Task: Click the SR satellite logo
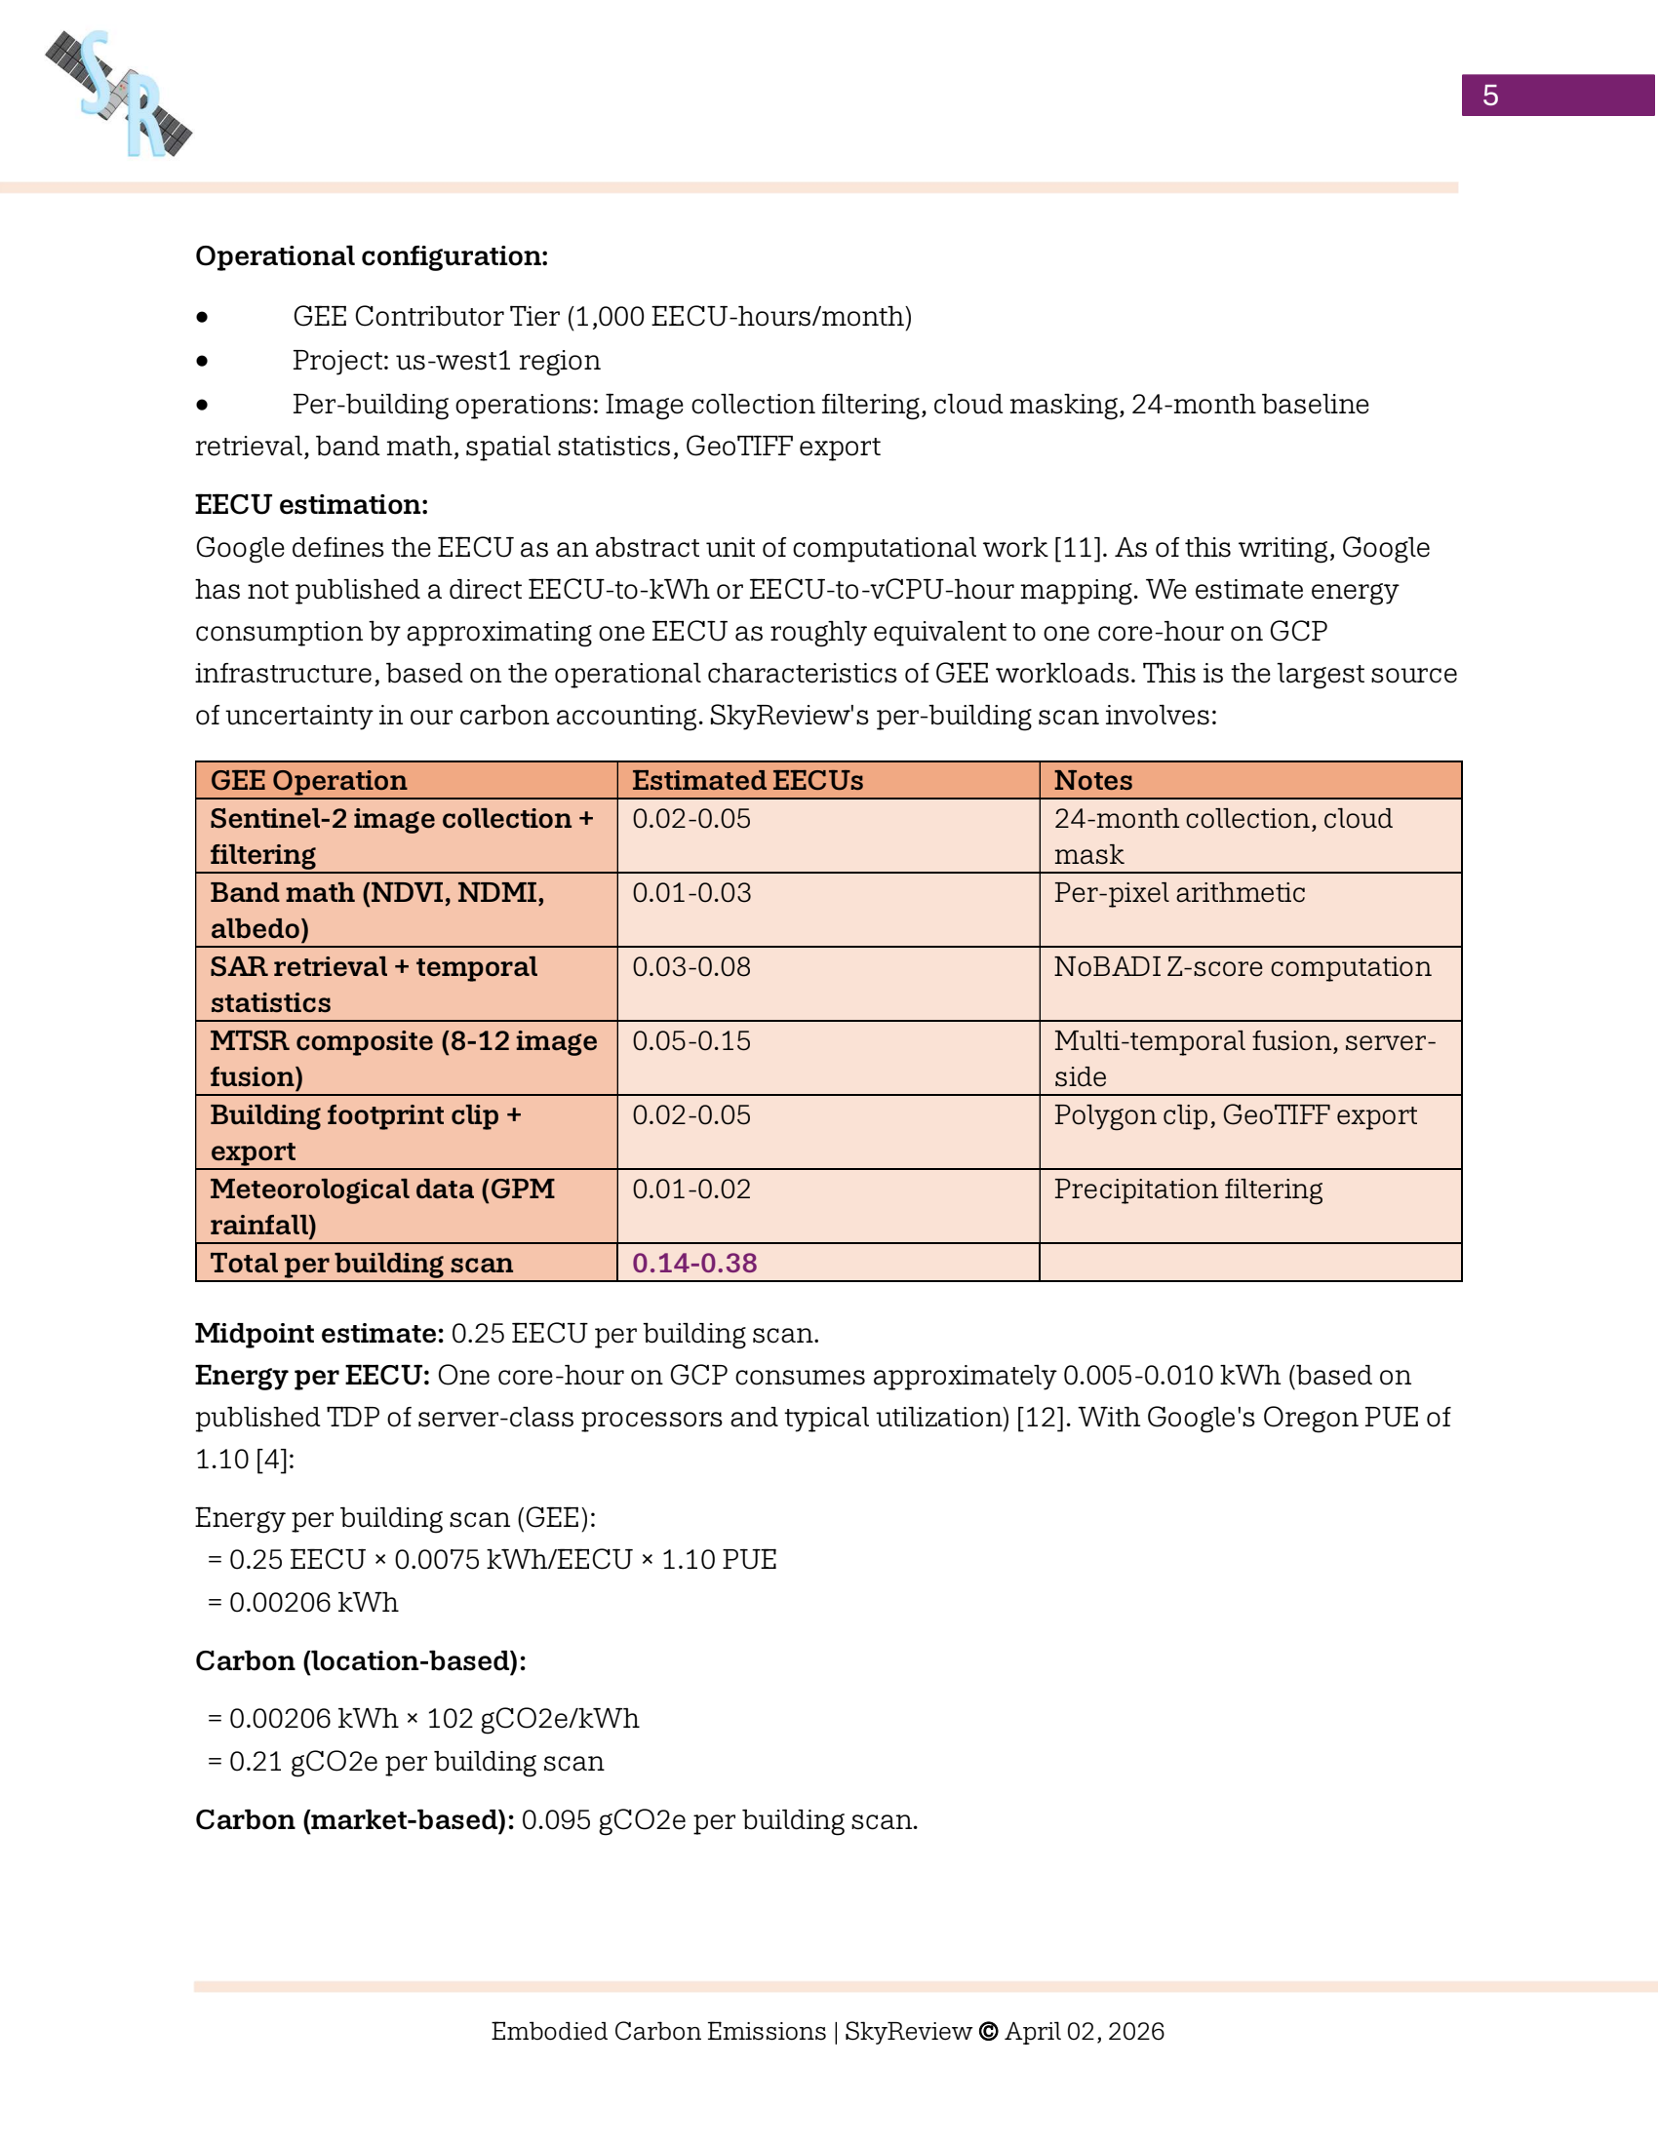(x=119, y=94)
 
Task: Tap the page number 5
(x=1489, y=96)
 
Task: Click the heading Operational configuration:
(x=372, y=256)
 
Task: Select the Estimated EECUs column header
(x=746, y=781)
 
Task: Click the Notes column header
(x=1092, y=781)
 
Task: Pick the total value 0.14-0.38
(x=693, y=1263)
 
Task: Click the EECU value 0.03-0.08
(x=691, y=967)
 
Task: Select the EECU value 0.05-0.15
(x=691, y=1041)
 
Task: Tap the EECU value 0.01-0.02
(x=691, y=1189)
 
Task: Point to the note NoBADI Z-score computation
(x=1242, y=967)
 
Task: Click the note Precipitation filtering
(x=1188, y=1189)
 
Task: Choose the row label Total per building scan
(x=361, y=1263)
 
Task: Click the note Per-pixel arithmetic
(x=1179, y=893)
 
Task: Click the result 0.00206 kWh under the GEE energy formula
(x=312, y=1603)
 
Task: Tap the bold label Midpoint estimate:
(x=319, y=1334)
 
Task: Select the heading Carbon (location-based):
(x=361, y=1660)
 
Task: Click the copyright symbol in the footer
(x=988, y=2031)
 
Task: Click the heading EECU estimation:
(x=311, y=505)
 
